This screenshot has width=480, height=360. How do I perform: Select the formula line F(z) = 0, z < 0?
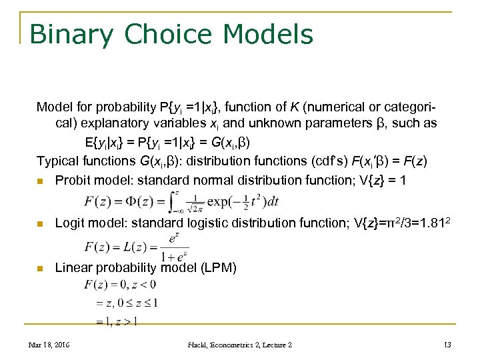[x=120, y=285]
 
